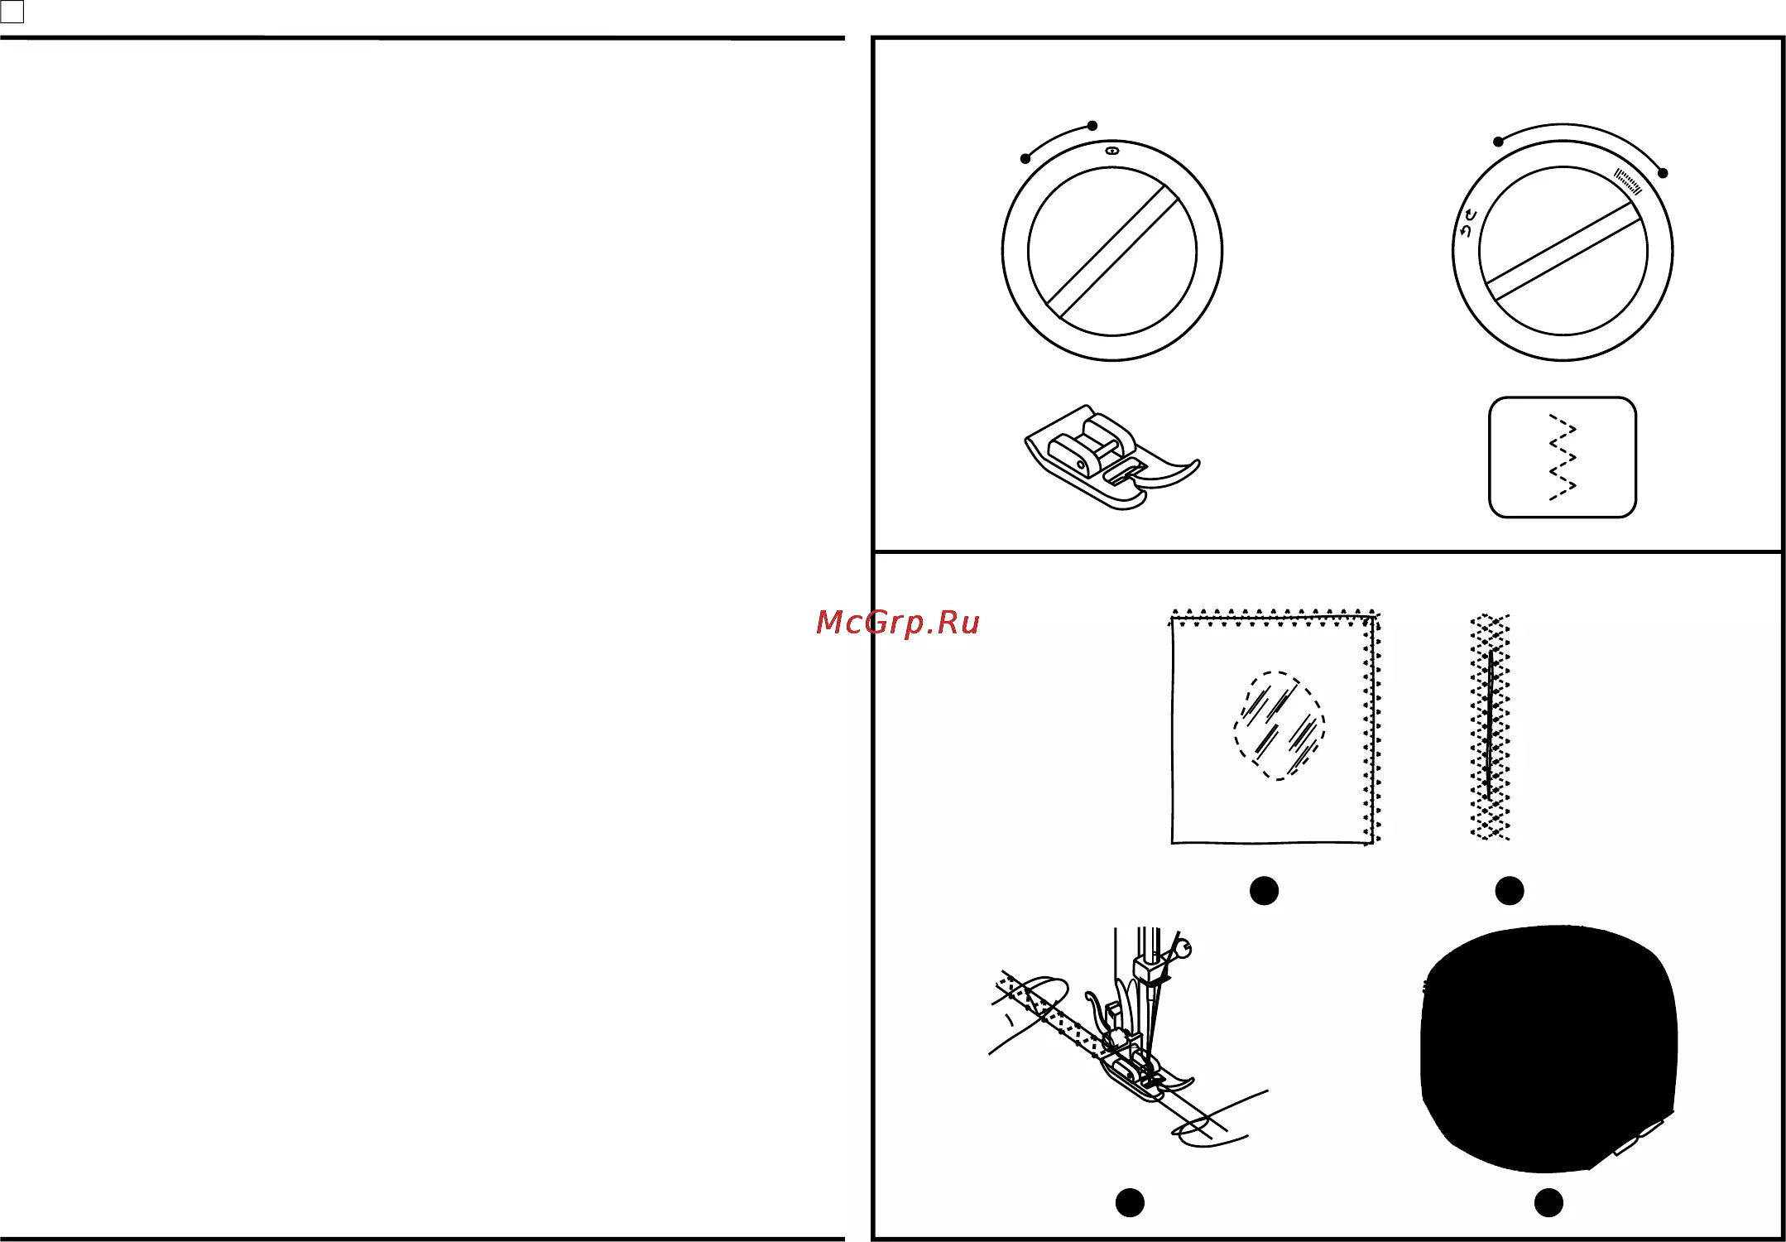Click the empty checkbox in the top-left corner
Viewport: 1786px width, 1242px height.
pyautogui.click(x=12, y=12)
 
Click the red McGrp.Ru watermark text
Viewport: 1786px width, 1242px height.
pyautogui.click(x=897, y=623)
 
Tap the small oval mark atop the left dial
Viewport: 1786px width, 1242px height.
pyautogui.click(x=1112, y=151)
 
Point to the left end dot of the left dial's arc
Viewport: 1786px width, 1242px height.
pyautogui.click(x=1025, y=158)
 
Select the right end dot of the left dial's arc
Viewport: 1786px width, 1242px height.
pyautogui.click(x=1092, y=126)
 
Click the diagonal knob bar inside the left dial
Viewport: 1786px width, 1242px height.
pyautogui.click(x=1112, y=252)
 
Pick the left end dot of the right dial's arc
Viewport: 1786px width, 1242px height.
pyautogui.click(x=1498, y=142)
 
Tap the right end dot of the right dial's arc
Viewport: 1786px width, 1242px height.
pyautogui.click(x=1663, y=173)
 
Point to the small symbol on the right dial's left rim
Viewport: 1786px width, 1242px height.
pyautogui.click(x=1468, y=224)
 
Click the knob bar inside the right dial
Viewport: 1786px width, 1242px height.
pyautogui.click(x=1563, y=251)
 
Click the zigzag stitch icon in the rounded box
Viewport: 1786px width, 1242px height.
pyautogui.click(x=1563, y=457)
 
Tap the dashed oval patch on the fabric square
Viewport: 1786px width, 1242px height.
pyautogui.click(x=1279, y=725)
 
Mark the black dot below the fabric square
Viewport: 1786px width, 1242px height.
pyautogui.click(x=1264, y=891)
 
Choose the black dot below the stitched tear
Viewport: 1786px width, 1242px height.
pyautogui.click(x=1510, y=891)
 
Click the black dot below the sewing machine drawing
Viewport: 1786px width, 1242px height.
pyautogui.click(x=1130, y=1202)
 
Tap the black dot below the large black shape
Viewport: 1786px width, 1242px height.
pyautogui.click(x=1548, y=1202)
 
